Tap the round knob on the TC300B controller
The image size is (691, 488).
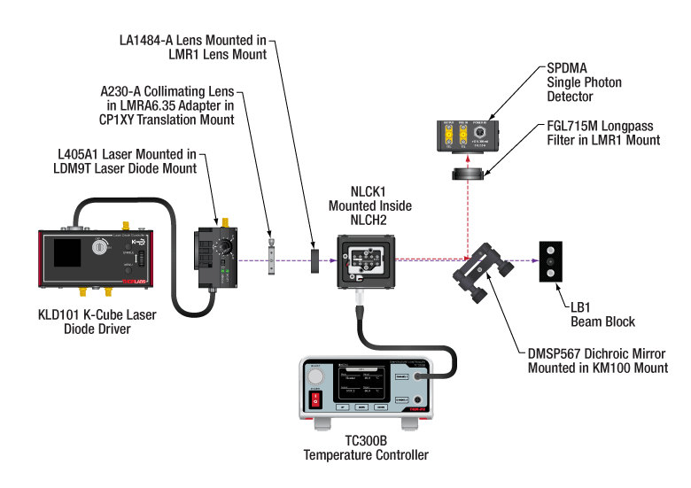(315, 376)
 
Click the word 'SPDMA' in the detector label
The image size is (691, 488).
(568, 68)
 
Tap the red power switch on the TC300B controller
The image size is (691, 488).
(315, 401)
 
